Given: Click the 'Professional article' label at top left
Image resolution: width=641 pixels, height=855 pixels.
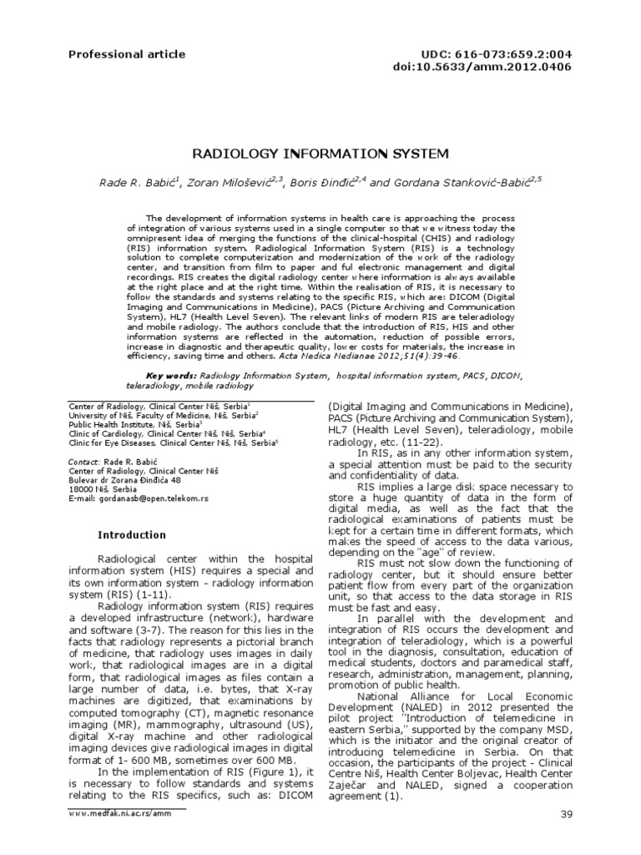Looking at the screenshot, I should pyautogui.click(x=115, y=54).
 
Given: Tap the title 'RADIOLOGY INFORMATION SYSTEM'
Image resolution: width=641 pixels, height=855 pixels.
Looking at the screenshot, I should pyautogui.click(x=321, y=154).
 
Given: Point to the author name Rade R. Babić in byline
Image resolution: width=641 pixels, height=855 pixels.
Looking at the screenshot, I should pyautogui.click(x=137, y=184).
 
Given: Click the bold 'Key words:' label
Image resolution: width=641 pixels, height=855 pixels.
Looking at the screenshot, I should pyautogui.click(x=172, y=377).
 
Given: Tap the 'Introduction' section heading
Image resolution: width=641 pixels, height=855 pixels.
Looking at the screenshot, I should pyautogui.click(x=132, y=535).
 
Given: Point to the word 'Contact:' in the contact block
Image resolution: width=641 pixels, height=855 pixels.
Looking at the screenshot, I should pyautogui.click(x=83, y=461).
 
